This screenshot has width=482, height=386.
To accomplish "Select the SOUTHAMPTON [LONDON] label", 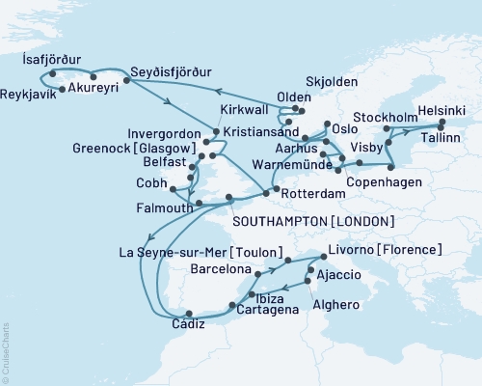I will [x=314, y=222].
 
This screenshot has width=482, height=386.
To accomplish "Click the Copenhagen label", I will [x=376, y=180].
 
